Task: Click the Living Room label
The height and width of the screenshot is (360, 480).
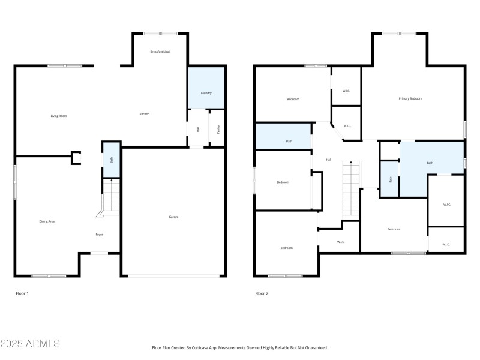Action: tap(58, 115)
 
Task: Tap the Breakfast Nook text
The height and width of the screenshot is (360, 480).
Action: tap(160, 52)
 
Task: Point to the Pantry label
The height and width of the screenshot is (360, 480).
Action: tap(218, 128)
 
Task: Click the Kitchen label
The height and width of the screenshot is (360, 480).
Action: tap(145, 114)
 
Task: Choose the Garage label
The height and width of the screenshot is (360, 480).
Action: tap(173, 217)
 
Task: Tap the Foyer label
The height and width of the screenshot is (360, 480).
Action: tap(99, 235)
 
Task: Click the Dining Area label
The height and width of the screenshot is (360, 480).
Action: tap(47, 221)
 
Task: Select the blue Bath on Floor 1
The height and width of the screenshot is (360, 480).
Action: tap(111, 160)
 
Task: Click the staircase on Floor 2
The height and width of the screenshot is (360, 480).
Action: tap(350, 191)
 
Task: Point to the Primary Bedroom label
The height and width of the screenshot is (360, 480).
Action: tap(410, 98)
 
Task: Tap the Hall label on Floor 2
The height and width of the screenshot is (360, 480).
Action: tap(329, 160)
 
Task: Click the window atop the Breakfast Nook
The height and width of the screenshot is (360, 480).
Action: tap(160, 34)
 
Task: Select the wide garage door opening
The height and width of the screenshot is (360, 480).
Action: tap(173, 276)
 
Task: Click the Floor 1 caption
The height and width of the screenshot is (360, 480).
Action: tap(22, 293)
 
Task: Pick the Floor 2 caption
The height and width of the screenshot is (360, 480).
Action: tap(262, 293)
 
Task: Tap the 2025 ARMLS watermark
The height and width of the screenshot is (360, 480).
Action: tap(30, 344)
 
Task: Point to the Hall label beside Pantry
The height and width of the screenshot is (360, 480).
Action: tap(197, 128)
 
